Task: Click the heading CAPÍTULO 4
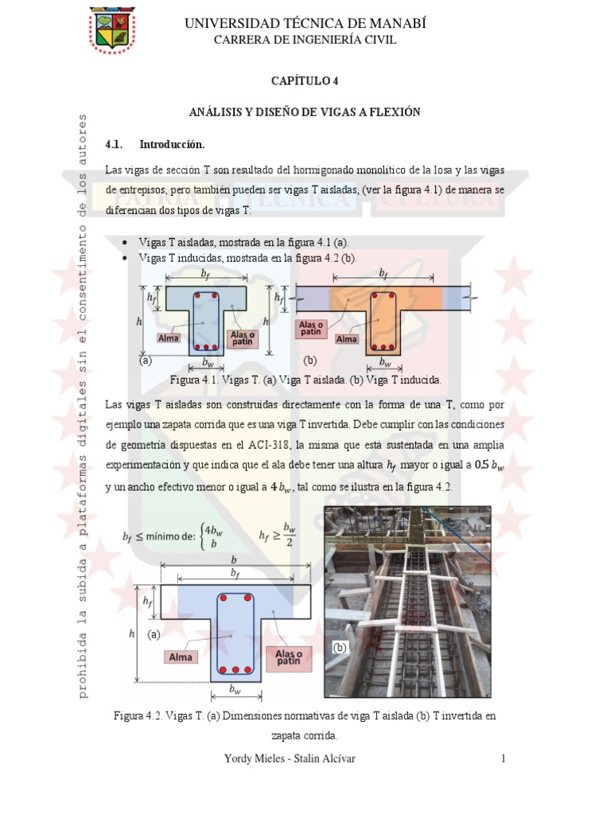coord(305,80)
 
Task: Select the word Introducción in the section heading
coord(172,145)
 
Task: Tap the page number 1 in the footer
coord(504,759)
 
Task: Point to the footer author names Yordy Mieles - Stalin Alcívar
coord(290,759)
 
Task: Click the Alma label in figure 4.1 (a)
coord(168,337)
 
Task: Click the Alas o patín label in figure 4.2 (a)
coord(291,657)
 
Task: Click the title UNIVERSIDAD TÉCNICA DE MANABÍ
coord(305,24)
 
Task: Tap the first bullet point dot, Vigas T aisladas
coord(127,243)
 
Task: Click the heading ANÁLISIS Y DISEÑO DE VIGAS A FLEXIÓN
coord(305,113)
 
